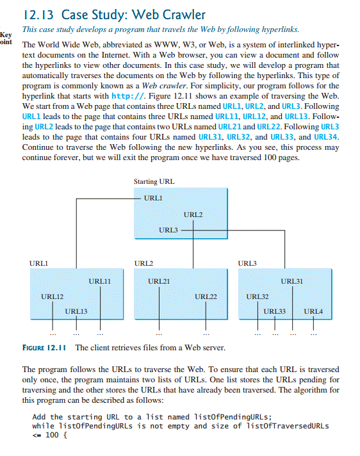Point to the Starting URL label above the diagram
pos(154,182)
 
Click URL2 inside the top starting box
pos(193,214)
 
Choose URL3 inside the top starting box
pos(168,229)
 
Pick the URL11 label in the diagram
pos(99,281)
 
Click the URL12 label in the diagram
pos(52,296)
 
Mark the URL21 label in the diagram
pos(159,281)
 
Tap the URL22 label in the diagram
pos(206,297)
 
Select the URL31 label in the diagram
pos(291,281)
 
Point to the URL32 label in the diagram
pos(257,297)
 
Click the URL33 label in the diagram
pos(275,311)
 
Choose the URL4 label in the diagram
pos(313,311)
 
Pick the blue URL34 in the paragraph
pos(327,136)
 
